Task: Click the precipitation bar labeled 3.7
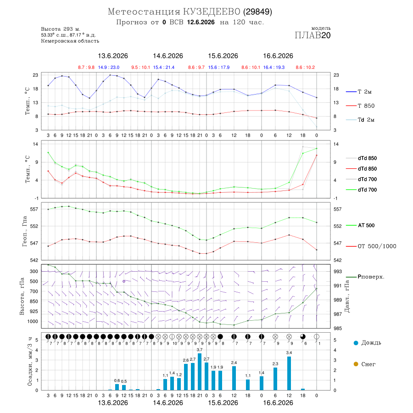(x=200, y=372)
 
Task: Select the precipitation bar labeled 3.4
(x=289, y=373)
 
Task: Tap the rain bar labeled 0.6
(x=117, y=387)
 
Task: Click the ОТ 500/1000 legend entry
(x=371, y=246)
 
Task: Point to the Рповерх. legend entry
(x=365, y=277)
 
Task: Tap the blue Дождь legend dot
(x=356, y=343)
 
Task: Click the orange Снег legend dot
(x=356, y=364)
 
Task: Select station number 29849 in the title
(x=257, y=11)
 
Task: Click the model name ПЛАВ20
(x=313, y=35)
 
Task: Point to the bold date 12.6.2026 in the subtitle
(x=201, y=22)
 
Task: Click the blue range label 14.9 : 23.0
(x=109, y=67)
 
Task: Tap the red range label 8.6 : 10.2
(x=305, y=67)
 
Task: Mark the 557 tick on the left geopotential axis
(x=34, y=209)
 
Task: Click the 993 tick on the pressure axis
(x=338, y=271)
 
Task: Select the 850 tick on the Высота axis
(x=33, y=301)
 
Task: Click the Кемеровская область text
(x=70, y=41)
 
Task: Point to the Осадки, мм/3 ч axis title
(x=29, y=362)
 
